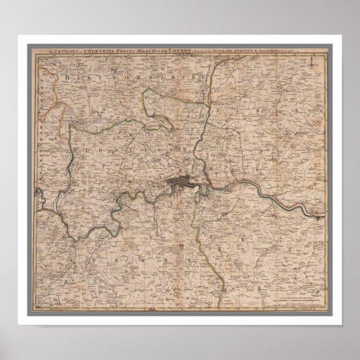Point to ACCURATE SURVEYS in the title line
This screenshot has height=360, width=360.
coord(245,51)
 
